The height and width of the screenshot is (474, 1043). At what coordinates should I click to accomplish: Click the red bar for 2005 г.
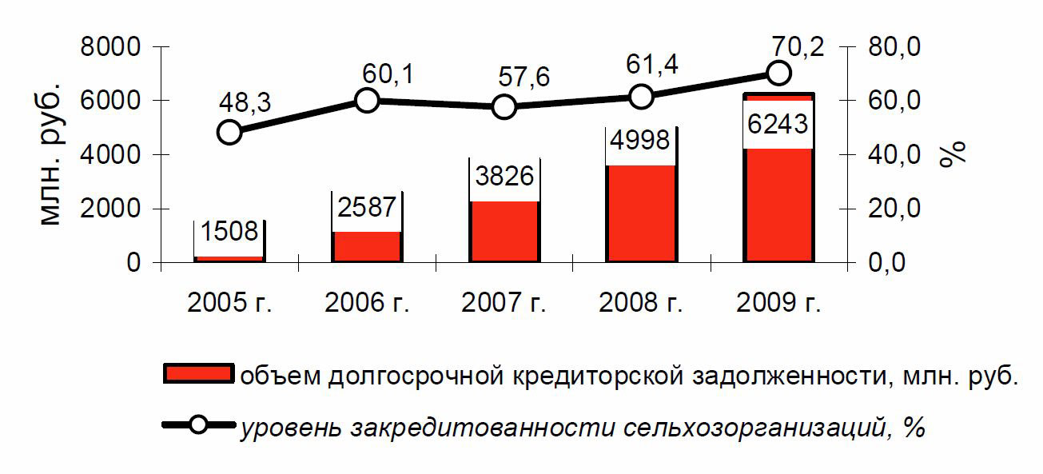coord(229,258)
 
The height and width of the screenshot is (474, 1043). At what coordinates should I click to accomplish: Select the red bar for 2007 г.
coord(504,232)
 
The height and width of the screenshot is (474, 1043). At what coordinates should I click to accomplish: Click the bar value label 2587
coord(366,207)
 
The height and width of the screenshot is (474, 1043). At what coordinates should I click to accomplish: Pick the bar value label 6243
coord(778,124)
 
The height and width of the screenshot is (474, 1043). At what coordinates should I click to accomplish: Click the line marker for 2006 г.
coord(367,100)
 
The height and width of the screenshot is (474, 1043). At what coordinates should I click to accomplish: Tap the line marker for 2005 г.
coord(229,132)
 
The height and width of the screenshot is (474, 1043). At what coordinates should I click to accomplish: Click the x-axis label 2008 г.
coord(641,305)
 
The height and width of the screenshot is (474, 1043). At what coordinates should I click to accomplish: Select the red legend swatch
coord(197,374)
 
